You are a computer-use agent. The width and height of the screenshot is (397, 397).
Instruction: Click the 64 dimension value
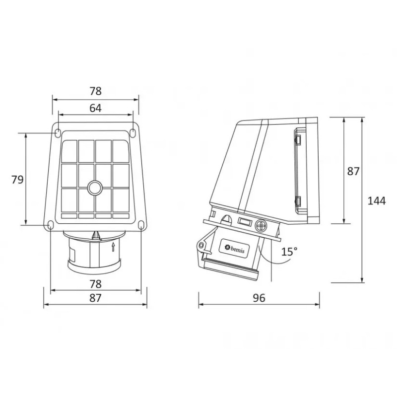[x=95, y=108]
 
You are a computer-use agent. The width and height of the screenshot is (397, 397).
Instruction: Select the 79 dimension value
[x=17, y=180]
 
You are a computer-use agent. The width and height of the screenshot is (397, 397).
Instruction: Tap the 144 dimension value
[x=377, y=200]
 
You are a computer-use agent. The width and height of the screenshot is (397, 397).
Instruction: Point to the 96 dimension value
[x=259, y=298]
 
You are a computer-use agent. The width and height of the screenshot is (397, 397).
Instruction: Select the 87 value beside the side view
[x=353, y=171]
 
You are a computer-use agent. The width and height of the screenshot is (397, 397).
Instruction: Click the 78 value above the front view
[x=95, y=91]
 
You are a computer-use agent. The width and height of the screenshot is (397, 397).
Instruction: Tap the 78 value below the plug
[x=95, y=284]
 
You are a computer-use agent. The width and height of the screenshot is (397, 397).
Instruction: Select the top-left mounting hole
[x=58, y=133]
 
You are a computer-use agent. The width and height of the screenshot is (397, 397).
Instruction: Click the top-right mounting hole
[x=133, y=133]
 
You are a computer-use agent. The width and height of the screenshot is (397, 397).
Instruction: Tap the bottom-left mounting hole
[x=51, y=226]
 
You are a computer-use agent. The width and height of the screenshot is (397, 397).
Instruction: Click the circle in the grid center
[x=94, y=188]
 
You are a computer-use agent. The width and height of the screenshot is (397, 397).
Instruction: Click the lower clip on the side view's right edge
[x=299, y=200]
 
